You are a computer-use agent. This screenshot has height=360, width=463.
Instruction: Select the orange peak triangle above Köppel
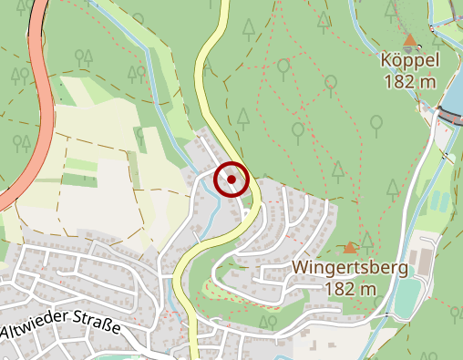(410, 40)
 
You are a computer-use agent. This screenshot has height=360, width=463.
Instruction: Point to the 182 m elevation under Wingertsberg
(350, 289)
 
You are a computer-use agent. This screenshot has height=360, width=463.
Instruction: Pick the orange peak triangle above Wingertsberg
(350, 248)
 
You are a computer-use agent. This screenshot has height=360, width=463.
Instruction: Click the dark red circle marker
(231, 180)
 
